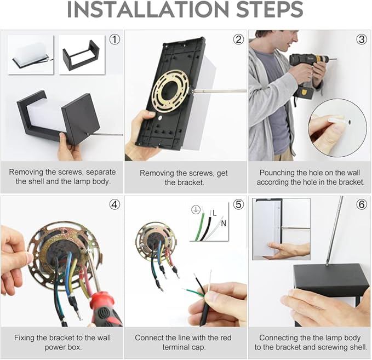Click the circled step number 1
tap(115, 39)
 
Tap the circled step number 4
tap(115, 204)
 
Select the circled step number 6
tap(362, 204)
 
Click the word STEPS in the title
tap(270, 9)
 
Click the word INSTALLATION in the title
tap(148, 9)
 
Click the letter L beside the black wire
tap(214, 213)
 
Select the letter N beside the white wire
tap(224, 223)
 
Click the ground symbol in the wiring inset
tap(196, 210)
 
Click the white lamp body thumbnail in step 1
tap(30, 55)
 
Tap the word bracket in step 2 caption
tap(184, 182)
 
